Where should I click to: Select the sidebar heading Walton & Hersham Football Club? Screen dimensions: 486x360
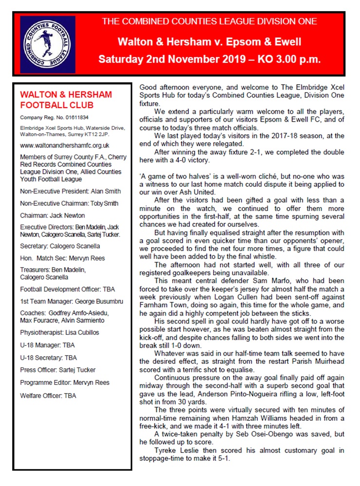(x=66, y=100)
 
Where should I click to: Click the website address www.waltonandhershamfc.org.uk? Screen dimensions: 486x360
(x=65, y=145)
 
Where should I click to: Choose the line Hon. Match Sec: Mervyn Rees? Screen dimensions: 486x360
(x=62, y=258)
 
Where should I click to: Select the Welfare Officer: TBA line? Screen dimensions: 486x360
(x=48, y=396)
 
